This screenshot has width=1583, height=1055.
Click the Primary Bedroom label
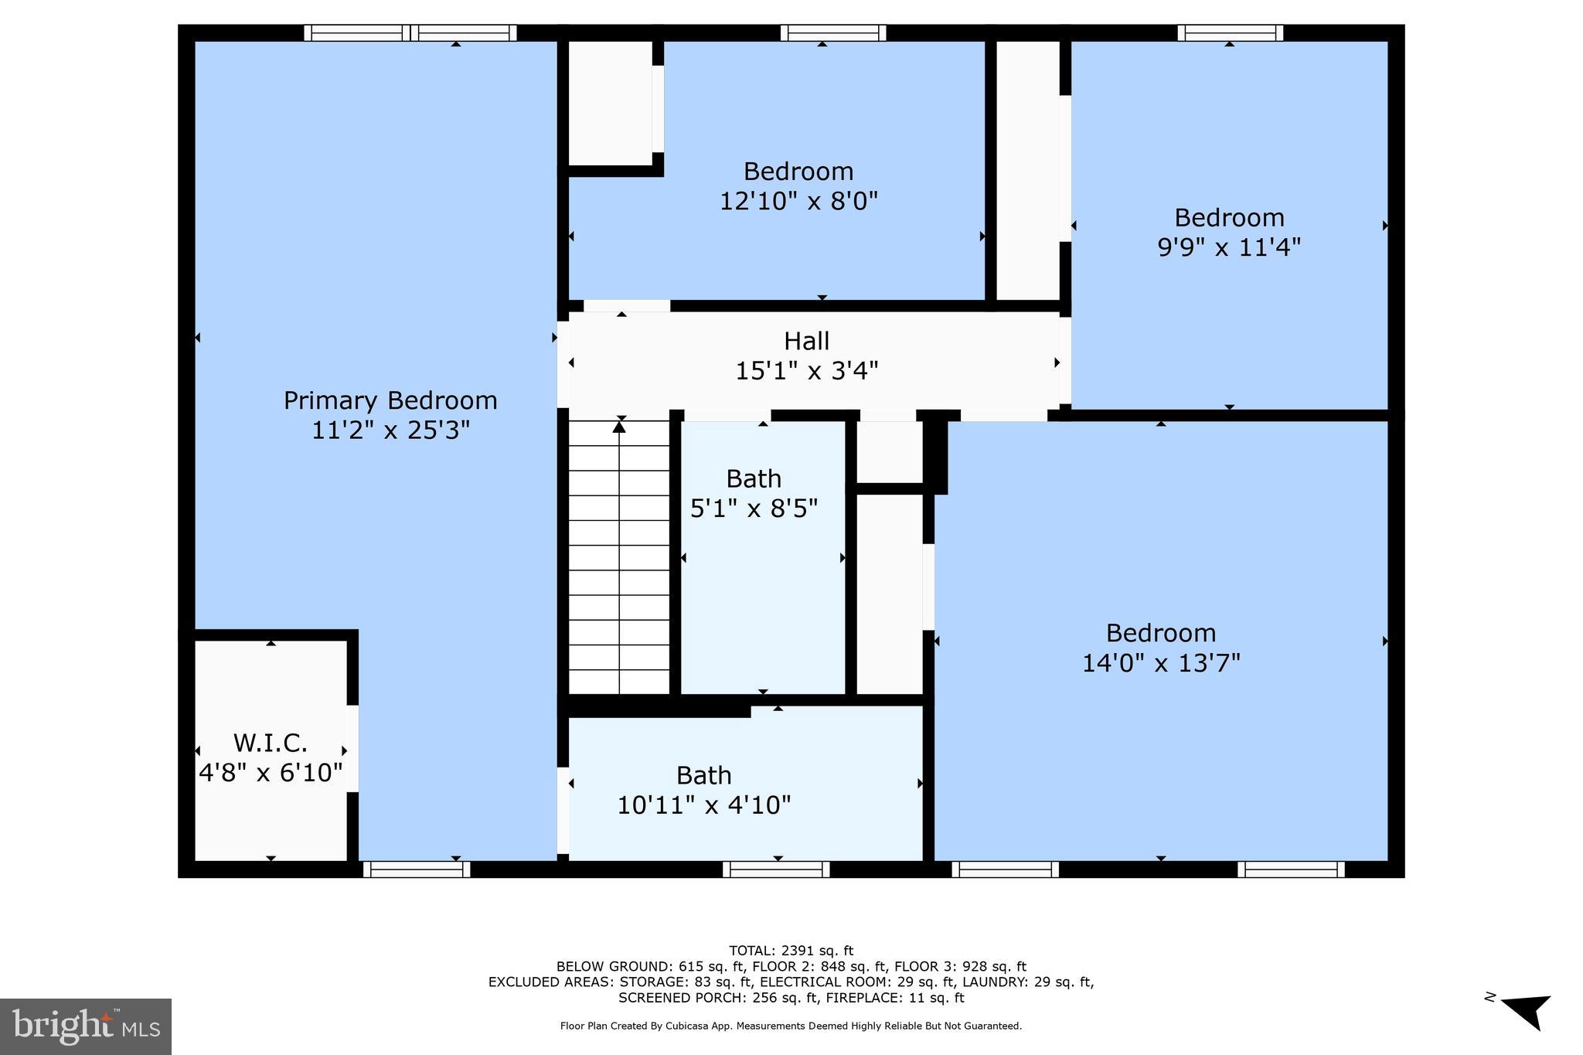coord(390,400)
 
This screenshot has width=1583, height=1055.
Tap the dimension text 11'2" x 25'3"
coord(390,431)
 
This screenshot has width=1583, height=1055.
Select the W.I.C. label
coord(271,744)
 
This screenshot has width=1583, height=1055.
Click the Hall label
coord(806,341)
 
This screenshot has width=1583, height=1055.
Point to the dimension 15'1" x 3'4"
coord(806,371)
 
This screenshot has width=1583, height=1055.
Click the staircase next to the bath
coord(619,556)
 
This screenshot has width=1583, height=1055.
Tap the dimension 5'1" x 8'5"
coord(754,509)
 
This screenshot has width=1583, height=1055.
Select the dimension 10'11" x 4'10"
coord(703,805)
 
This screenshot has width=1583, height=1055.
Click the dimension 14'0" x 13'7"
coord(1160,663)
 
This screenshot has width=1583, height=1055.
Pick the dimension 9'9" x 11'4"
coord(1229,247)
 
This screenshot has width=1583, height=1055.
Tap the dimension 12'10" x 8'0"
coord(798,202)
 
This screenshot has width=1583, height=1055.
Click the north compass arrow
coord(1527,1011)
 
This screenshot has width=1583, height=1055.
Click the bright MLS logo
coord(86,1026)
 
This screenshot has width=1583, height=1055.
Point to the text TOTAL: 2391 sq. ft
coord(791,951)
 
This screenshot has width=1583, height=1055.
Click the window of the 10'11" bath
coord(776,870)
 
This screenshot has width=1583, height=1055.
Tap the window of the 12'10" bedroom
coord(832,32)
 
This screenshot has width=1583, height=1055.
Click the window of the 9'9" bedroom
coord(1230,32)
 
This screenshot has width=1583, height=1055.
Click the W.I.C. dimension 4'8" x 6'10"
coord(271,772)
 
